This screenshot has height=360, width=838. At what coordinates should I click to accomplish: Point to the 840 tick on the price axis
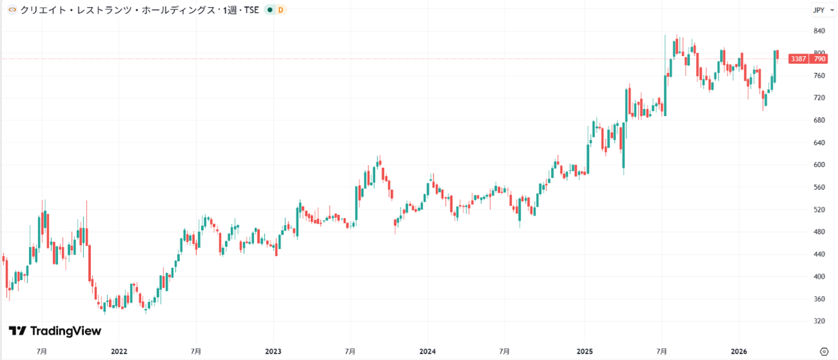(819, 31)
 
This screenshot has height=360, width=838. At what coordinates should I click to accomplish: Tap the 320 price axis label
(819, 321)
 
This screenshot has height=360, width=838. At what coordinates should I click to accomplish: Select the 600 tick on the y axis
(819, 165)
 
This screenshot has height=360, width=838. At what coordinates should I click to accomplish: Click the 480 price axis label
(819, 232)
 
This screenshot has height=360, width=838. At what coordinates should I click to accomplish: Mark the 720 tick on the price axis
(819, 97)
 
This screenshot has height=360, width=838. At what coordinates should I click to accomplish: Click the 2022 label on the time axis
(119, 352)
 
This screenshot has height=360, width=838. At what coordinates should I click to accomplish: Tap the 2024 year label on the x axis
(427, 352)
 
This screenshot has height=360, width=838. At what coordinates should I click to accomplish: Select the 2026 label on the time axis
(739, 352)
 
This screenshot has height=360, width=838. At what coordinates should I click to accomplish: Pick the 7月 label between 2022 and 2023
(196, 352)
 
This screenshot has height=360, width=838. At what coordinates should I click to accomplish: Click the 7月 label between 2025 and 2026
(662, 352)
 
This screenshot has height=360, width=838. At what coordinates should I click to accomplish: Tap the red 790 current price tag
(819, 59)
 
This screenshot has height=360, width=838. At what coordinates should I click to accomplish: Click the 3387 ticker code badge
(799, 59)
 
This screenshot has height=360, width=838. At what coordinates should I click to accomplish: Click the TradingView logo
(55, 331)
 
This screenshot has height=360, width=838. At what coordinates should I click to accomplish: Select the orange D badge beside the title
(280, 10)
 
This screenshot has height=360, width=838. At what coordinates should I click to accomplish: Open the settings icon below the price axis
(823, 352)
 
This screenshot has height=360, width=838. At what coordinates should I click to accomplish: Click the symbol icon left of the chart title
(12, 10)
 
